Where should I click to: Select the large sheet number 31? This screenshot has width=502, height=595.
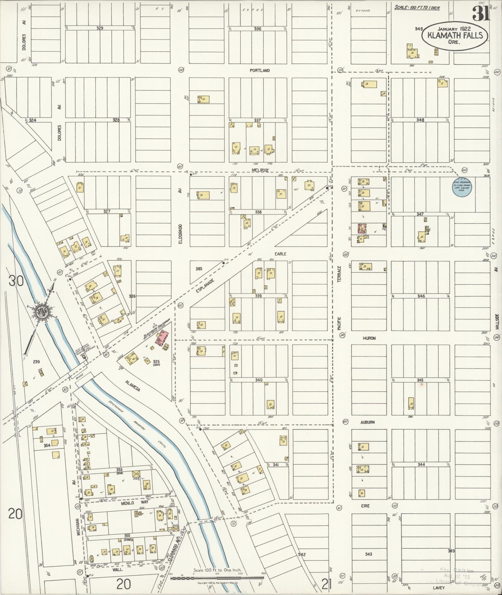click(481, 13)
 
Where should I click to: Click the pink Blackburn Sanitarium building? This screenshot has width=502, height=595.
click(162, 338)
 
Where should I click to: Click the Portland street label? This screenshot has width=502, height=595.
click(260, 71)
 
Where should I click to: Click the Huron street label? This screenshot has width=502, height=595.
click(369, 338)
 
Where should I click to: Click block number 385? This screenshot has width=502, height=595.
click(199, 268)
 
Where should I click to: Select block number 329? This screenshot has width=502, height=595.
click(100, 28)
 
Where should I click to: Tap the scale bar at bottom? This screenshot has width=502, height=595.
click(217, 578)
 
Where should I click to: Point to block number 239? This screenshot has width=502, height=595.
click(36, 362)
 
